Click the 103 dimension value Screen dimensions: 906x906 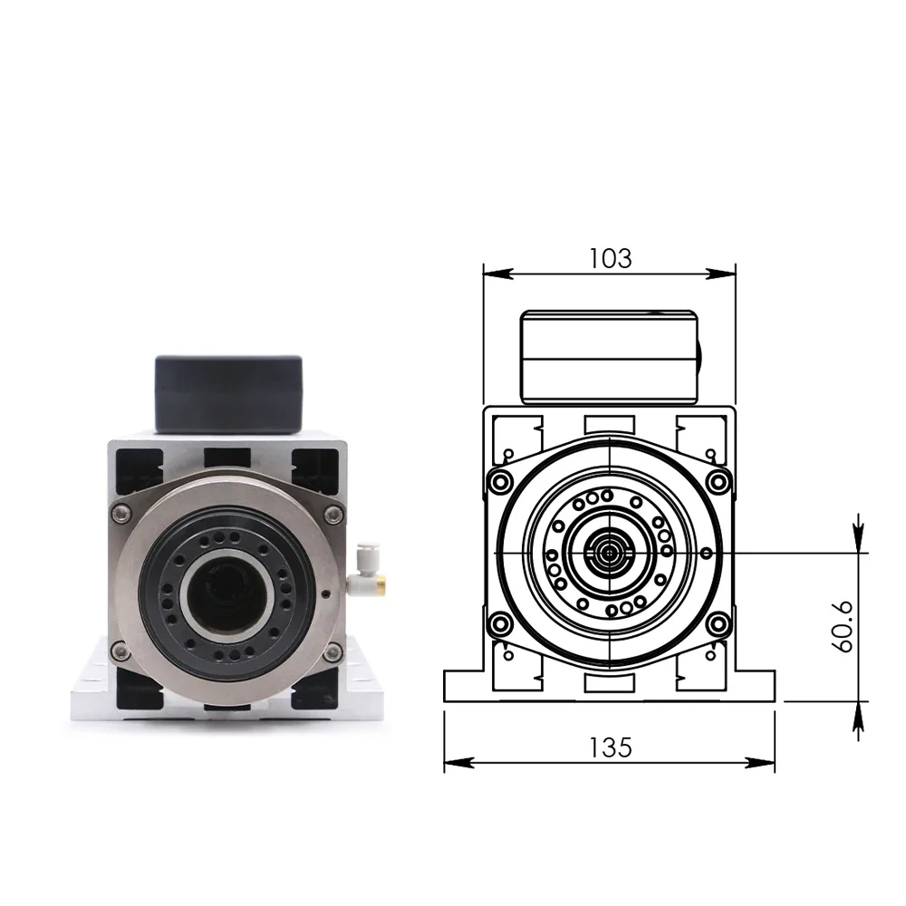(x=610, y=258)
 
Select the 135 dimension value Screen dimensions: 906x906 (x=610, y=747)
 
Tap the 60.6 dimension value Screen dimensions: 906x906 (x=843, y=627)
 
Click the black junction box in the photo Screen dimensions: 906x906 (x=229, y=394)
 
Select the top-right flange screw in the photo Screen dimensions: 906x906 (x=333, y=514)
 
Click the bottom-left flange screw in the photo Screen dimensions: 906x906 (x=120, y=650)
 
